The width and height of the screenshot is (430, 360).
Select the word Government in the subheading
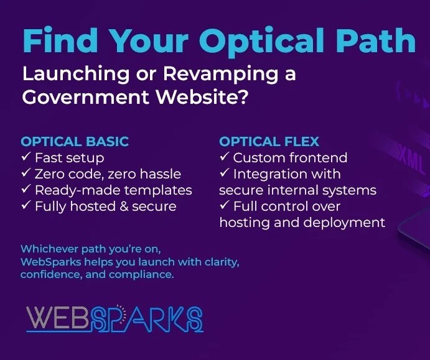click(x=86, y=97)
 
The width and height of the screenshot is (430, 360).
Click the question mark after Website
click(x=243, y=96)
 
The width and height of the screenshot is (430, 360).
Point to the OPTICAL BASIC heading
click(x=75, y=142)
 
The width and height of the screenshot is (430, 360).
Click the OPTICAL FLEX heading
click(x=269, y=142)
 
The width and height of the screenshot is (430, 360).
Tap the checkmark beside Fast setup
click(x=26, y=157)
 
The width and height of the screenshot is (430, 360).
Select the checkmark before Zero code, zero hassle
click(x=26, y=173)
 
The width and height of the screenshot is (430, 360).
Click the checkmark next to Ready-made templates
click(x=26, y=189)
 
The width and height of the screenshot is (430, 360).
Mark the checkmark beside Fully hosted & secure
click(x=26, y=205)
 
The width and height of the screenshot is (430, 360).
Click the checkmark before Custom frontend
click(x=224, y=157)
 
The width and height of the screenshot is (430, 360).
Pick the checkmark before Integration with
click(x=224, y=173)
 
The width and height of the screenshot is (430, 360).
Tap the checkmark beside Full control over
click(x=224, y=205)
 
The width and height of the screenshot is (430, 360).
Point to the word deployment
click(x=344, y=223)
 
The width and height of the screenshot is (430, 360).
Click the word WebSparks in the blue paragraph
click(x=51, y=262)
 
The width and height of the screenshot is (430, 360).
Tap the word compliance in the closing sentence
click(x=141, y=275)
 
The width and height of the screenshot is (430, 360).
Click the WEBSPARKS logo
click(x=115, y=318)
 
